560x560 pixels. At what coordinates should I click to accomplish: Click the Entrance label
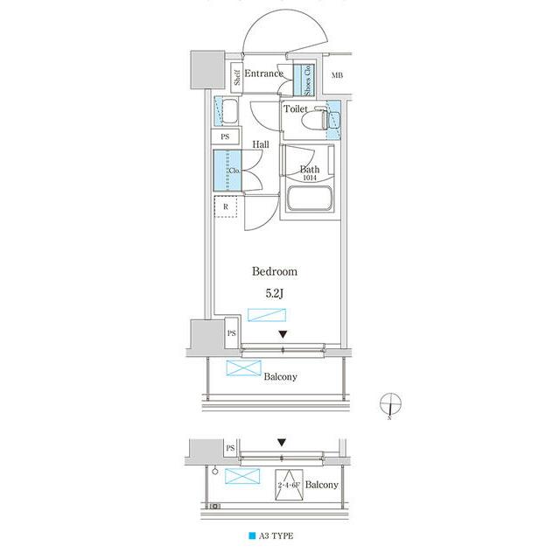pyautogui.click(x=263, y=73)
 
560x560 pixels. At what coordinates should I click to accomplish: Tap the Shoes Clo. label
pyautogui.click(x=307, y=80)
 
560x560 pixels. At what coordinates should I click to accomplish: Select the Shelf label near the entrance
pyautogui.click(x=237, y=78)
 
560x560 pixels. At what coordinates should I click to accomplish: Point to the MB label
pyautogui.click(x=337, y=75)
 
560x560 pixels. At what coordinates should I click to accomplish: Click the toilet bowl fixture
pyautogui.click(x=315, y=119)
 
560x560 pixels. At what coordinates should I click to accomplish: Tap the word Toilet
pyautogui.click(x=296, y=108)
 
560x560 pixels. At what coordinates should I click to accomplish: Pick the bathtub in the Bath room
pyautogui.click(x=310, y=199)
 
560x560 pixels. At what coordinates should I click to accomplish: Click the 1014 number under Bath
pyautogui.click(x=310, y=178)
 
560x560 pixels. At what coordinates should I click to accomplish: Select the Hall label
pyautogui.click(x=261, y=144)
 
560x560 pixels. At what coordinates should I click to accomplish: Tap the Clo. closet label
pyautogui.click(x=234, y=171)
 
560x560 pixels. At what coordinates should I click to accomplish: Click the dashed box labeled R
pyautogui.click(x=226, y=206)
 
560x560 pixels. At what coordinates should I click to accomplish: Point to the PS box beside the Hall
pyautogui.click(x=225, y=136)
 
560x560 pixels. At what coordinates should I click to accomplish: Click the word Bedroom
pyautogui.click(x=274, y=271)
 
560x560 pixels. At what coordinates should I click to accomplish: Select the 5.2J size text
pyautogui.click(x=274, y=294)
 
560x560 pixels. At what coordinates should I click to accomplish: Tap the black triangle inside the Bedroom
pyautogui.click(x=283, y=334)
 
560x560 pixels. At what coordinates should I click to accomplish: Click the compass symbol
pyautogui.click(x=390, y=404)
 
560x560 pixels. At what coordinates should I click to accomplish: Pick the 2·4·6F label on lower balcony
pyautogui.click(x=289, y=485)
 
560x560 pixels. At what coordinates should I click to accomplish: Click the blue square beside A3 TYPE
pyautogui.click(x=252, y=535)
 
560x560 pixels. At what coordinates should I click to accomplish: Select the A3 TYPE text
pyautogui.click(x=276, y=535)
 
